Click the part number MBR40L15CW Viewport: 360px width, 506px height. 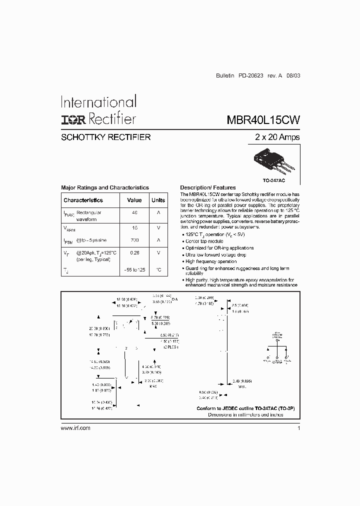263,120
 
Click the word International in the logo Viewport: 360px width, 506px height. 98,102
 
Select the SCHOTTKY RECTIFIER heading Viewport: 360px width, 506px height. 105,137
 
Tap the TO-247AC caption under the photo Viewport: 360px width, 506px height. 273,179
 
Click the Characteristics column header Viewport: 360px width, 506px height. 83,200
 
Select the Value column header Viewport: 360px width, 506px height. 134,200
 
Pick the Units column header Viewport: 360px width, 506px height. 158,200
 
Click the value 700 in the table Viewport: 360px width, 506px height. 134,240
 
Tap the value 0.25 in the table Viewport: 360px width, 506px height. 134,252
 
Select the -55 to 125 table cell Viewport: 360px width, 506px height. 134,270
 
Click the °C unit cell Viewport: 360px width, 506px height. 158,270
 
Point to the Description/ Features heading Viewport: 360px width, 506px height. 207,187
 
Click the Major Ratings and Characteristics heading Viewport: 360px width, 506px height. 105,187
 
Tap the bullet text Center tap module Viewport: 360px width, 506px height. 204,241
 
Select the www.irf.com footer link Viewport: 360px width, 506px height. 75,428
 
